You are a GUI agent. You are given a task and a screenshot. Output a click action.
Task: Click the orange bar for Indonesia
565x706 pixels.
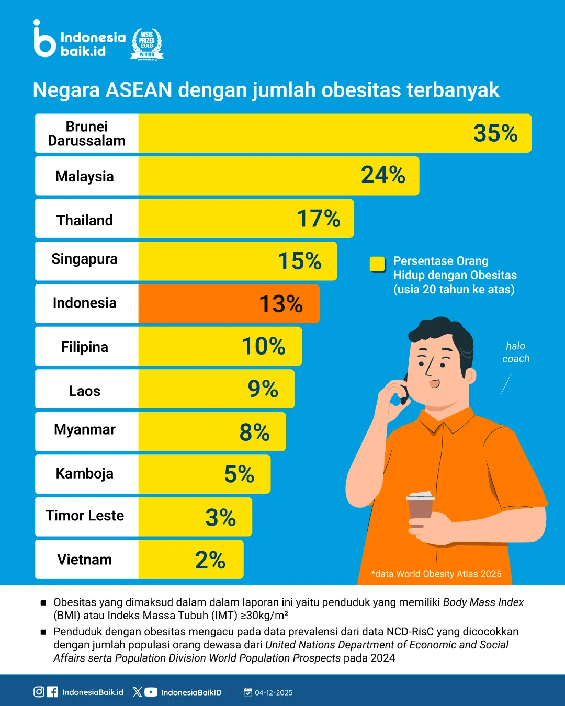[229, 304]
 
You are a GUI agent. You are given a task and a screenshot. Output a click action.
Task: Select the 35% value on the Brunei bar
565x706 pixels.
[495, 133]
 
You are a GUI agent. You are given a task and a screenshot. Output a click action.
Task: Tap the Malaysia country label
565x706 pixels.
[85, 177]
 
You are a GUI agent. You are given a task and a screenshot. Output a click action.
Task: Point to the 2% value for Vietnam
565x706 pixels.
[210, 560]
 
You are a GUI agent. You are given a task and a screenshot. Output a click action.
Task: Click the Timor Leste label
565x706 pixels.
[85, 516]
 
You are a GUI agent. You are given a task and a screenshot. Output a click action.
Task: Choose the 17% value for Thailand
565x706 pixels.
[318, 219]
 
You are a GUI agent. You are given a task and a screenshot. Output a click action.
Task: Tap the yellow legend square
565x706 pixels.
[377, 264]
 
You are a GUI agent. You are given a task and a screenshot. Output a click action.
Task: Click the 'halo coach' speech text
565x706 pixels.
[516, 352]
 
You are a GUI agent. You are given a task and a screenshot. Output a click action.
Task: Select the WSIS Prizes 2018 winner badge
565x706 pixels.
[147, 44]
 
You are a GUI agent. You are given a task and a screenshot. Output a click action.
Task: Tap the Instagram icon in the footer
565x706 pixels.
[39, 692]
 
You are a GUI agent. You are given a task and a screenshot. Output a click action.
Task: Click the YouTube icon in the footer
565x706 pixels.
[151, 692]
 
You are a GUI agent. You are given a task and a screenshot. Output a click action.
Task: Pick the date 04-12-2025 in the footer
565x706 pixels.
[273, 692]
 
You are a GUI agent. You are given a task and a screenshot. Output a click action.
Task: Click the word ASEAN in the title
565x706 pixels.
[139, 90]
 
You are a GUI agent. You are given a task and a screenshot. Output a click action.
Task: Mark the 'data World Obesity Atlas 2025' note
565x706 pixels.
[436, 574]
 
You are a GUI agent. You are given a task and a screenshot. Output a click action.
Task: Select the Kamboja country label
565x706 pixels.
[85, 474]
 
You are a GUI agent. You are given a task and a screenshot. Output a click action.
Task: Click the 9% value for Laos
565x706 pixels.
[263, 389]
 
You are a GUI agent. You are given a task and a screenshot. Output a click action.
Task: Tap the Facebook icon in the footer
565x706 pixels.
[52, 692]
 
